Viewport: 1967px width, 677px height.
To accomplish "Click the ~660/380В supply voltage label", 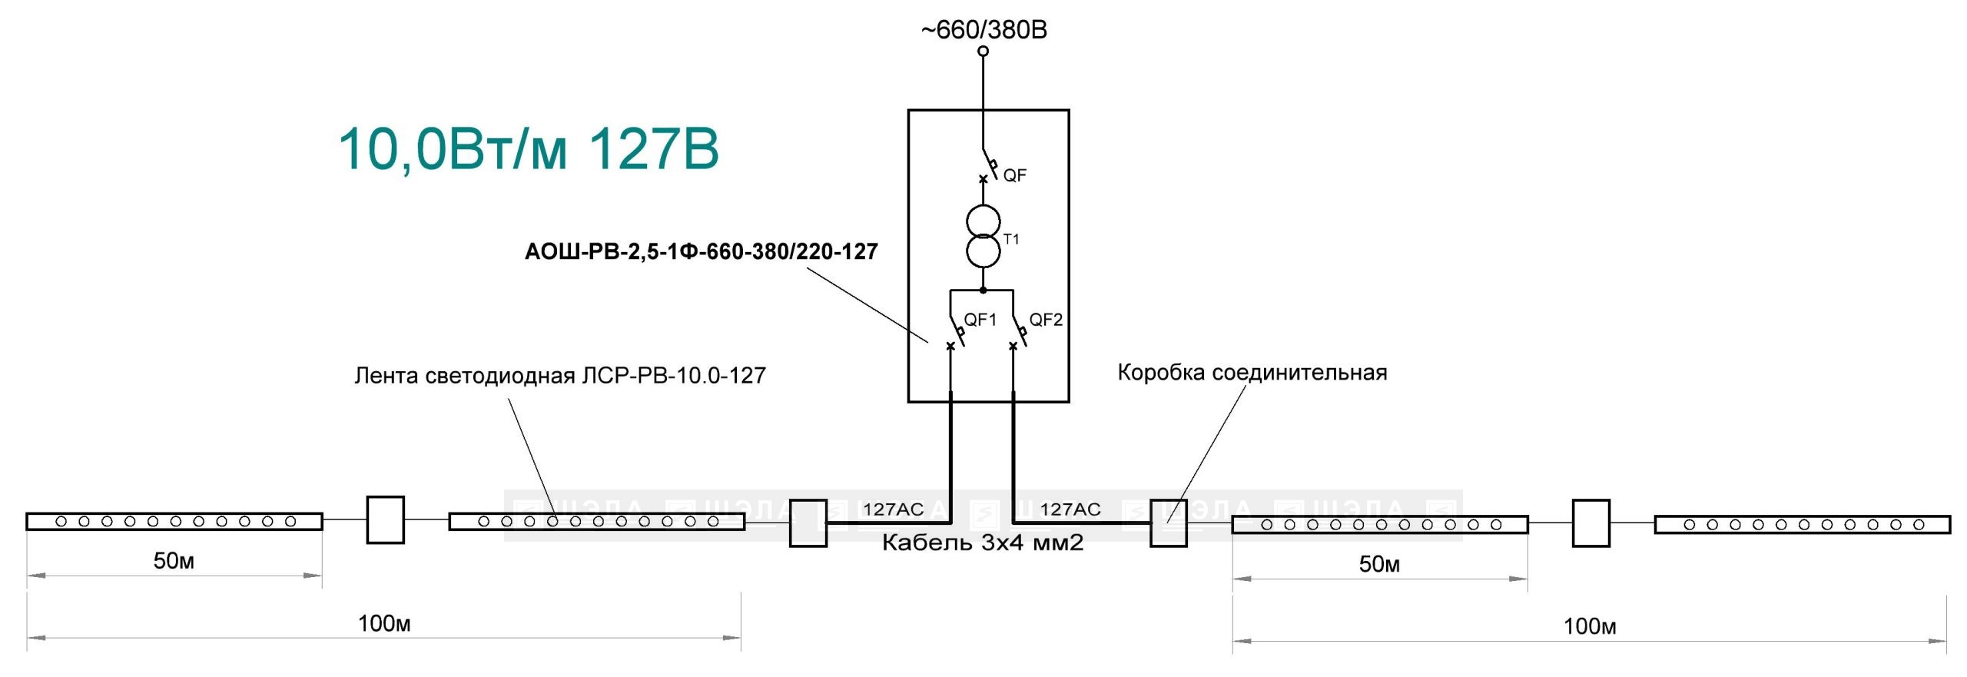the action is coord(983,30).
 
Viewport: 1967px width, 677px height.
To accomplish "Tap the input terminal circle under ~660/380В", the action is coord(983,51).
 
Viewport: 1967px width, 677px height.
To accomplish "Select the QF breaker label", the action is coord(1014,175).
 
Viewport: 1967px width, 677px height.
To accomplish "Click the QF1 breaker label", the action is coord(980,320).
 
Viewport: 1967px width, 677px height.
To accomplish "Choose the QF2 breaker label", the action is coord(1046,320).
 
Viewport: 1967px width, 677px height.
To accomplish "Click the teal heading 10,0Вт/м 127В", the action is coord(529,148).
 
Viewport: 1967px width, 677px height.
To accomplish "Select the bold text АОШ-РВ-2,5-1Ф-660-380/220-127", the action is coord(701,252).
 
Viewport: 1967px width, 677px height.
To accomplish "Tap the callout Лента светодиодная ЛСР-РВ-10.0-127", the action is coord(560,376).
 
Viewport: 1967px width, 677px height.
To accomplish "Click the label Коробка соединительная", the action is coord(1252,373).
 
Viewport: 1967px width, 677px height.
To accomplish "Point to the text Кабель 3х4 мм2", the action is coord(983,543).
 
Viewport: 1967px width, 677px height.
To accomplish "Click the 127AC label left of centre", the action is coord(893,509).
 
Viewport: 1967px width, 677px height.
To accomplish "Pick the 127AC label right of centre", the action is coord(1070,509).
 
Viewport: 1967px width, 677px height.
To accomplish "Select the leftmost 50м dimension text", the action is coord(174,561).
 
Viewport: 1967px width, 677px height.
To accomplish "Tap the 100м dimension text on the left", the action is coord(384,623).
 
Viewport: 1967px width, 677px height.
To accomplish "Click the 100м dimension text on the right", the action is coord(1590,626).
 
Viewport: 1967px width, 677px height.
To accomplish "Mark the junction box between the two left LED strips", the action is coord(386,520).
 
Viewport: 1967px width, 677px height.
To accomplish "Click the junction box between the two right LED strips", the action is coord(1591,523).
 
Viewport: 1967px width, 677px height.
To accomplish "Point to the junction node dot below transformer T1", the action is coord(983,290).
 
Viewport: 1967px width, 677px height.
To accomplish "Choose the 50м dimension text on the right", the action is coord(1379,564).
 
